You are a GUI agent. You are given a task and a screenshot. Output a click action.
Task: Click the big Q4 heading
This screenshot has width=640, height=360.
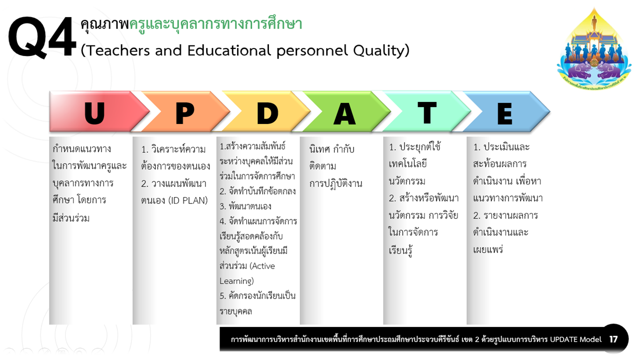[42, 37]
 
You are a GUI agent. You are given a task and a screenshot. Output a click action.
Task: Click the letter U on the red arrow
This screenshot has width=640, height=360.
[94, 113]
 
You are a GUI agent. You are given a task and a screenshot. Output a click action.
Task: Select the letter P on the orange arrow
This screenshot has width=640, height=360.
[185, 113]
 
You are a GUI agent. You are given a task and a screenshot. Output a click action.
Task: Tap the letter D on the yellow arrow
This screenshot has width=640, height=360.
[267, 113]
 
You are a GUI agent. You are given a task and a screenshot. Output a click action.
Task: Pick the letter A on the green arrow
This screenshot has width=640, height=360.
[344, 113]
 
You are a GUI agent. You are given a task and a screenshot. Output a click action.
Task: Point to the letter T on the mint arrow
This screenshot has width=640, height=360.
[427, 113]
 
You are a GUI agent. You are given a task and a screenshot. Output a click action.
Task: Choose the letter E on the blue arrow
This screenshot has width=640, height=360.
[504, 113]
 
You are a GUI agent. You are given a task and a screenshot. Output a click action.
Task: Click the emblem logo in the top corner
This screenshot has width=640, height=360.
[594, 48]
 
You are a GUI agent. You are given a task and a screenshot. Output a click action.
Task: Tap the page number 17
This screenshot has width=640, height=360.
[613, 339]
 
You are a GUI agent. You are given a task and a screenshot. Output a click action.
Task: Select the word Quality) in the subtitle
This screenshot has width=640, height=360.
[381, 51]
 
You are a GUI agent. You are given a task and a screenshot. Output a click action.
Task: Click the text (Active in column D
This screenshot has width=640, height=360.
[262, 266]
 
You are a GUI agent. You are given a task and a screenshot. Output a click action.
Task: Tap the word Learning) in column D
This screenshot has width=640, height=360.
[236, 281]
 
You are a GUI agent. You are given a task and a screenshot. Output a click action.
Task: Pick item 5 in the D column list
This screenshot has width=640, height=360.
[257, 303]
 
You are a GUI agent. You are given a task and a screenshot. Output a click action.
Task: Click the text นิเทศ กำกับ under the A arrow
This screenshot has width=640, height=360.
[331, 149]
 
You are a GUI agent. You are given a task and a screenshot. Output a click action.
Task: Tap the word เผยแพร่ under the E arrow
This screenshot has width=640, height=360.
[487, 249]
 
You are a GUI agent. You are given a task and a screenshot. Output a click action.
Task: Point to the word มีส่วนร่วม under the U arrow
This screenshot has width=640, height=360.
[71, 217]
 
